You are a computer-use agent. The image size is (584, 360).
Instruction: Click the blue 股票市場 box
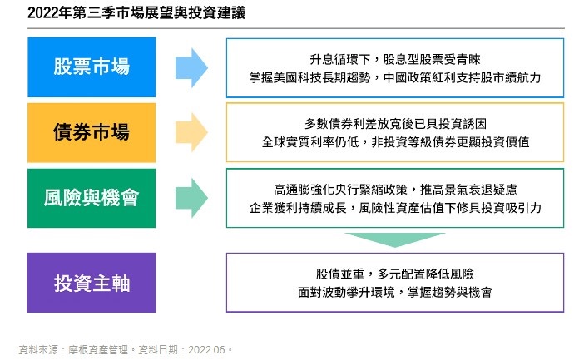point(92,67)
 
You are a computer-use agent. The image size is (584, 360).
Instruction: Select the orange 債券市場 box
point(92,132)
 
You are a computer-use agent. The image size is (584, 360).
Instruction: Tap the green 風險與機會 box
point(92,198)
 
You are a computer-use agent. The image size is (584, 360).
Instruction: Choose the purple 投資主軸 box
point(92,283)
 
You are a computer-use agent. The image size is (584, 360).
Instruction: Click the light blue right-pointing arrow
point(191,67)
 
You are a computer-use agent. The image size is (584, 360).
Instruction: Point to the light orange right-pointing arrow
point(191,132)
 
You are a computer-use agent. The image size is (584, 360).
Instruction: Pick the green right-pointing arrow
point(191,198)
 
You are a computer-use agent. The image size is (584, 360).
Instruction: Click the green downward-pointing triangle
point(395,239)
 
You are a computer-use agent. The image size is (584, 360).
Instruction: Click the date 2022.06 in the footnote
point(206,350)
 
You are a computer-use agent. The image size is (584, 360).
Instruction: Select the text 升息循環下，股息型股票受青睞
point(395,60)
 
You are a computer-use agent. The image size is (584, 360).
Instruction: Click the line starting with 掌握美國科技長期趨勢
point(395,78)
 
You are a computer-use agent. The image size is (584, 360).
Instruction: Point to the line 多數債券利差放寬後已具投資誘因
point(395,124)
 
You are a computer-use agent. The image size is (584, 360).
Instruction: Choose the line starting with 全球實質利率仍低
point(395,142)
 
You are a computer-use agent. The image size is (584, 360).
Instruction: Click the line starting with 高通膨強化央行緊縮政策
point(395,190)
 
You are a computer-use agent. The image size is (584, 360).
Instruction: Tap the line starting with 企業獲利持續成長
point(395,208)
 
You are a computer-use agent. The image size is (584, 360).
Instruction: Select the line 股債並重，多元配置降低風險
point(395,274)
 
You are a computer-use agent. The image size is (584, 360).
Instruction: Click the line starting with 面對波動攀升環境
point(395,293)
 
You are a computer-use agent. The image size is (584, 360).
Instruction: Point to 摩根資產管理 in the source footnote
point(98,350)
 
